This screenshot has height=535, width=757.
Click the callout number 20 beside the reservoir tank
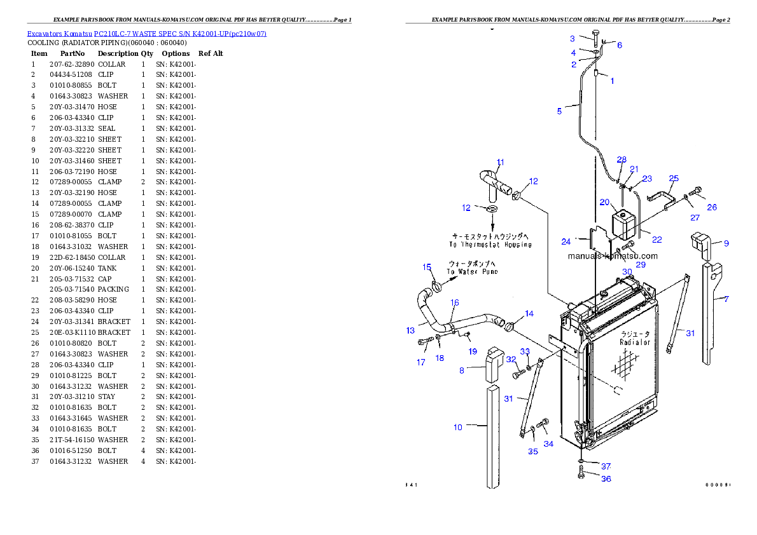pyautogui.click(x=604, y=202)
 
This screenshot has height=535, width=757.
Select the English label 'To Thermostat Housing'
pyautogui.click(x=490, y=244)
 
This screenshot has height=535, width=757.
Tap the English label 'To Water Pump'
pyautogui.click(x=472, y=272)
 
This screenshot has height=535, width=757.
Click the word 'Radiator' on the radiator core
pyautogui.click(x=635, y=342)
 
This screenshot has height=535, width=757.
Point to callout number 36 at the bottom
pyautogui.click(x=606, y=478)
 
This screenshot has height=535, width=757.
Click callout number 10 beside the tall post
pyautogui.click(x=458, y=427)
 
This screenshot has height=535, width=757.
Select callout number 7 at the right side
pyautogui.click(x=726, y=298)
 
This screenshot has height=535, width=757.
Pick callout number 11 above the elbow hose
pyautogui.click(x=500, y=162)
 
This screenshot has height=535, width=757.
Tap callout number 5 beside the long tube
pyautogui.click(x=559, y=111)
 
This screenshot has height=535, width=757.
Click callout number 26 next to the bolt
pyautogui.click(x=712, y=207)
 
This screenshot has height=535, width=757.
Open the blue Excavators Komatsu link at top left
pyautogui.click(x=146, y=33)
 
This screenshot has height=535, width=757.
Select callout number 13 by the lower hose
pyautogui.click(x=410, y=330)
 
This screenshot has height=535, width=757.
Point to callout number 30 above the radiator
pyautogui.click(x=627, y=271)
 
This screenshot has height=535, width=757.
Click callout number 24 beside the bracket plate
pyautogui.click(x=566, y=241)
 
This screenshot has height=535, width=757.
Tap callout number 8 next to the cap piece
pyautogui.click(x=462, y=370)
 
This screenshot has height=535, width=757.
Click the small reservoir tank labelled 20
pyautogui.click(x=620, y=225)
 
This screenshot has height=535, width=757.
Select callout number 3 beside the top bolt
pyautogui.click(x=572, y=39)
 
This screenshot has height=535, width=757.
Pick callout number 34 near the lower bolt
pyautogui.click(x=548, y=444)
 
